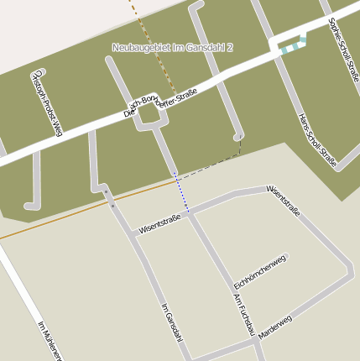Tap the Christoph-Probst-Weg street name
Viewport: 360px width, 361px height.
[45, 103]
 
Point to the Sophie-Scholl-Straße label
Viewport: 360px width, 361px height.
[344, 50]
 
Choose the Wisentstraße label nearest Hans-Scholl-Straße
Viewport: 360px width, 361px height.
[283, 201]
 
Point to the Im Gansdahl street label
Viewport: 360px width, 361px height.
[170, 322]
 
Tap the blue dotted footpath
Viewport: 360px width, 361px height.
[181, 192]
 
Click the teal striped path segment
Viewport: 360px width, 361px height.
[290, 48]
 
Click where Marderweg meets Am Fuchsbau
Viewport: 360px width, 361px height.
[256, 341]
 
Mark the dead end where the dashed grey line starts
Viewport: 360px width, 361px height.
[239, 136]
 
